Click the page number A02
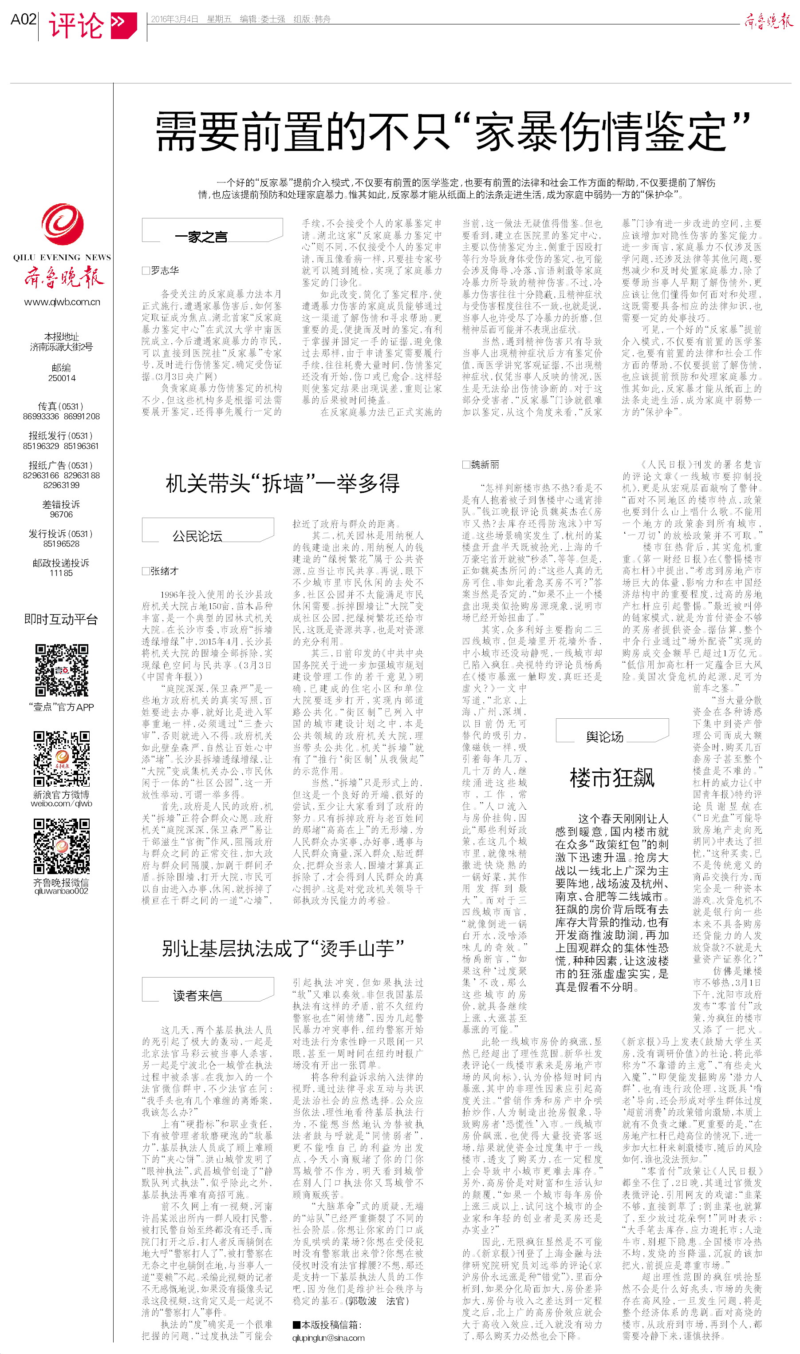coord(23,20)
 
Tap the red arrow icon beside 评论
coord(123,24)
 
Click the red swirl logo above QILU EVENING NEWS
coord(62,224)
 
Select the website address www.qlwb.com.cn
coord(62,302)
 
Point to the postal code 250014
coord(62,378)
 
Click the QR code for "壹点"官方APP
coord(62,670)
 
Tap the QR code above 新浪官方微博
coord(62,759)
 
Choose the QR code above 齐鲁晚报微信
coord(62,846)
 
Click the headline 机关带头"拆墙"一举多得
coord(283,484)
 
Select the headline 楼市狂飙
coord(612,778)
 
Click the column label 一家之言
coord(201,237)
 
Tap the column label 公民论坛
coord(197,536)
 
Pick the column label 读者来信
coord(197,995)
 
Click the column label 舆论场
coord(604,737)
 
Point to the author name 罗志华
coord(165,271)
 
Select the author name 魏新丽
coord(485,465)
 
